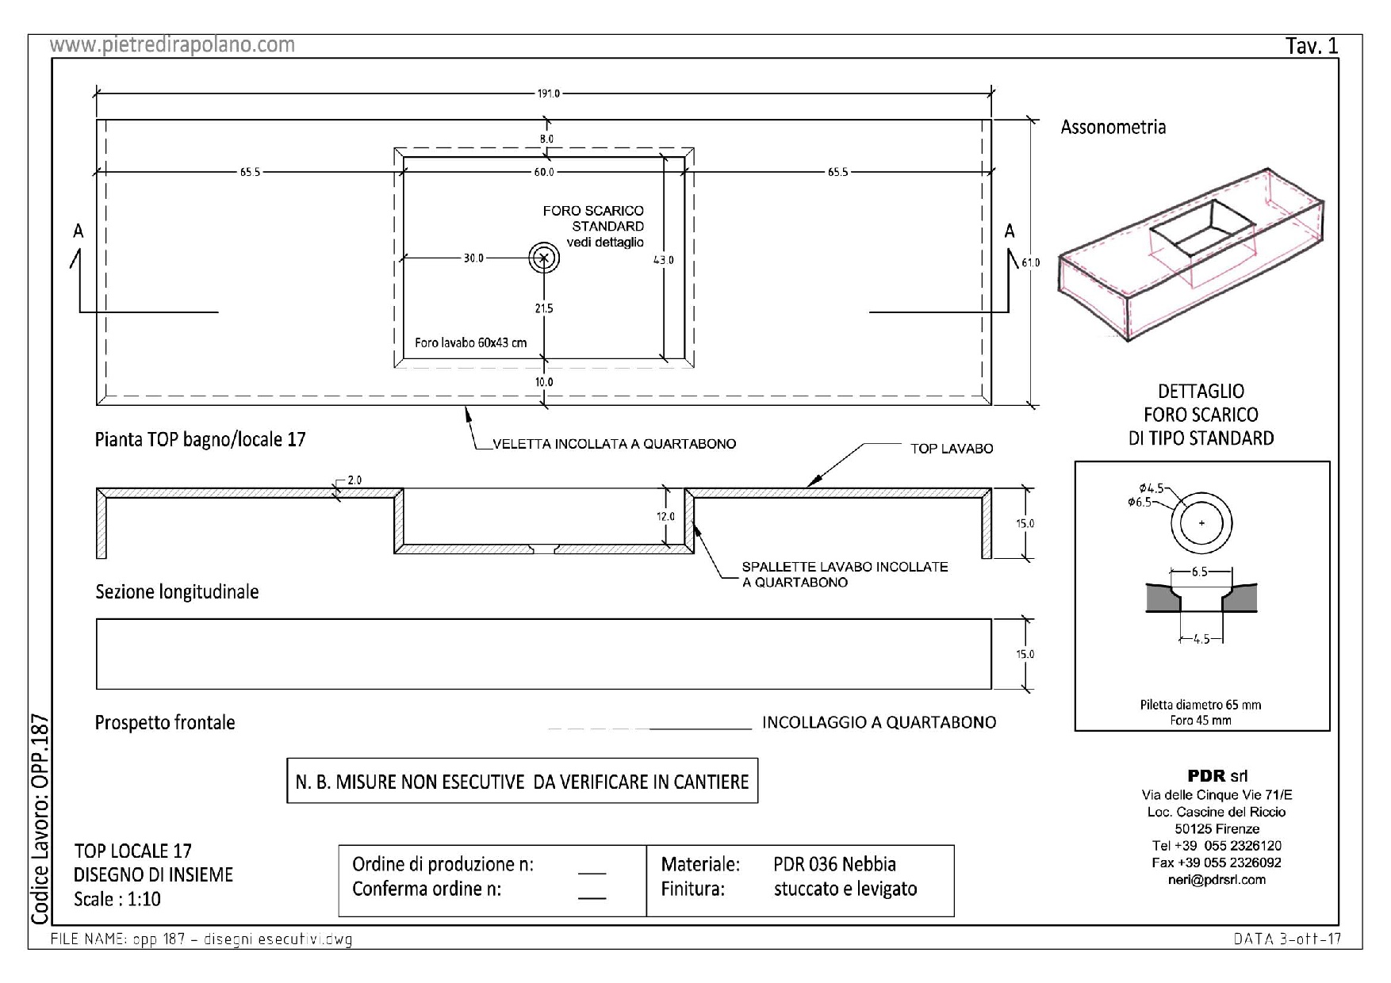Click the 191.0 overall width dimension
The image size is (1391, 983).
click(548, 94)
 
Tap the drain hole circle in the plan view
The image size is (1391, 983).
click(544, 257)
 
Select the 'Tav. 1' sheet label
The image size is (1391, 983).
click(1312, 46)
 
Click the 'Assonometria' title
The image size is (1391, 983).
click(1113, 127)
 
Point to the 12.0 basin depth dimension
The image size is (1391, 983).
click(665, 517)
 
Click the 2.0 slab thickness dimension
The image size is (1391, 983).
click(354, 480)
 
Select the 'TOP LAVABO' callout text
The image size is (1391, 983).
click(951, 449)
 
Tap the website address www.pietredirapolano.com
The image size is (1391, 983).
click(172, 45)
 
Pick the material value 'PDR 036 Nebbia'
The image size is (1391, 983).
click(834, 864)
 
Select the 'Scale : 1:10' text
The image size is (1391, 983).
click(117, 899)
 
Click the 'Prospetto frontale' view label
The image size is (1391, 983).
click(165, 723)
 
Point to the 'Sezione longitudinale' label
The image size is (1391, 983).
click(177, 592)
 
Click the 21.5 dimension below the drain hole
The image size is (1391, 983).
click(543, 308)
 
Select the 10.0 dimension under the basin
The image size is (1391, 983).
click(543, 382)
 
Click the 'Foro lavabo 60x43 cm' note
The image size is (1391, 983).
click(470, 343)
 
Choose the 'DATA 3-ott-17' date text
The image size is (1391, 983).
click(1286, 939)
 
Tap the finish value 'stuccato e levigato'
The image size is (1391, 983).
click(845, 889)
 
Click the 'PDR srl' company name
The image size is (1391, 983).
click(1217, 776)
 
